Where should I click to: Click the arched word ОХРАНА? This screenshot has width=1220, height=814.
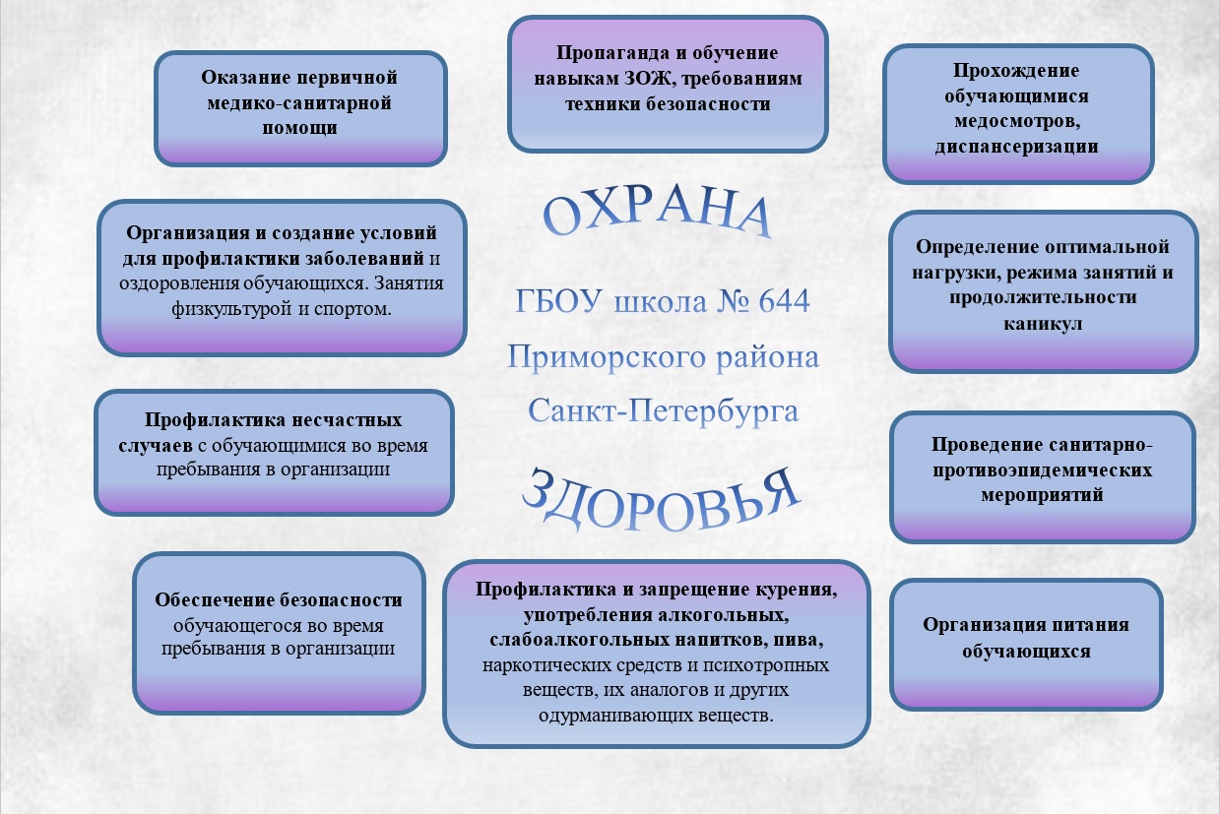click(657, 213)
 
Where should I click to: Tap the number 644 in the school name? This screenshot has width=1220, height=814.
click(784, 301)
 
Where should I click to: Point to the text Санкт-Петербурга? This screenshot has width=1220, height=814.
click(663, 411)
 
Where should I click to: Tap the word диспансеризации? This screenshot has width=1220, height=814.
click(1016, 147)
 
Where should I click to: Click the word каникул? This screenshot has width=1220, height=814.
click(1043, 324)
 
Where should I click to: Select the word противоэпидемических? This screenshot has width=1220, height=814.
click(1042, 470)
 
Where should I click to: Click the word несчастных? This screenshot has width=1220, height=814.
click(345, 419)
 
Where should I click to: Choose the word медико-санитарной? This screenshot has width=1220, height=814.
click(299, 103)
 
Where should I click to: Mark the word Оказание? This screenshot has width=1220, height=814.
click(245, 78)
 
